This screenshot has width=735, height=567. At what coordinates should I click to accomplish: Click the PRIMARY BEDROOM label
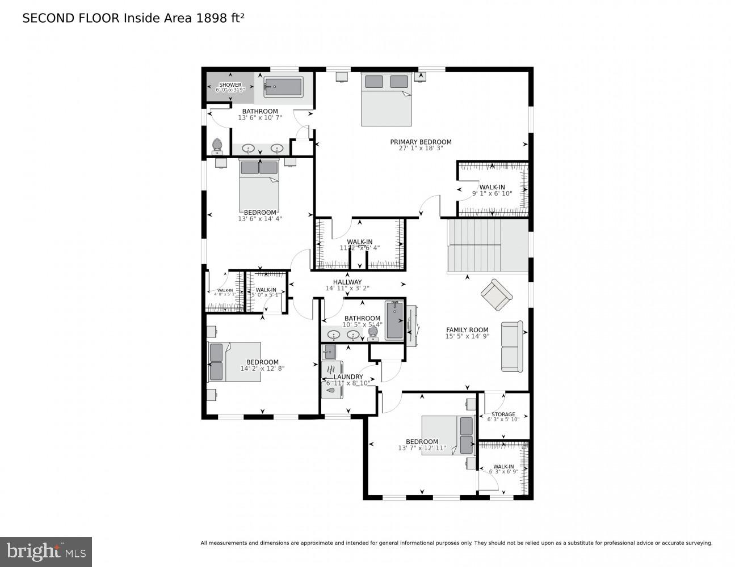click(421, 142)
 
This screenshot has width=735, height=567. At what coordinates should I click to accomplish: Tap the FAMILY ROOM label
click(467, 329)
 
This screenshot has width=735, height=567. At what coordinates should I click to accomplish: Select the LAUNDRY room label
click(348, 376)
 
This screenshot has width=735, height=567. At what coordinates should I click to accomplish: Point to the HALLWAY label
click(347, 282)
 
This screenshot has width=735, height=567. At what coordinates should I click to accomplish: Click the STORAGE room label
click(503, 414)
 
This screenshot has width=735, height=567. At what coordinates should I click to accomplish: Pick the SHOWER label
click(230, 85)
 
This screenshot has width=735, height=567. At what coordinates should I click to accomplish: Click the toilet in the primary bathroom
click(217, 146)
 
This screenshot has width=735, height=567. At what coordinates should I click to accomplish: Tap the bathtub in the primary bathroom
click(283, 87)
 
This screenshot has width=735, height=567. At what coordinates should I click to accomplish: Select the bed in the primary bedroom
click(387, 100)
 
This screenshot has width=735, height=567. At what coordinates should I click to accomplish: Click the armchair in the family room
click(497, 294)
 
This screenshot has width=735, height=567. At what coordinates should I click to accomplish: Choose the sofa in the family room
click(511, 346)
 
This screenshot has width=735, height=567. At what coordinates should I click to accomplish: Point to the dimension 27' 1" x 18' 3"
click(421, 149)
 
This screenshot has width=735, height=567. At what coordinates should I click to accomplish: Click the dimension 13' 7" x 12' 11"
click(422, 448)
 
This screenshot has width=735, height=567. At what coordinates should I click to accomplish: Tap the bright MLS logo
click(45, 552)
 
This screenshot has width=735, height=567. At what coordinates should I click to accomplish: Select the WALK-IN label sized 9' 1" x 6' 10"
click(492, 187)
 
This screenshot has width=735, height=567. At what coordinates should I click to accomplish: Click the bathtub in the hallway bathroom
click(394, 321)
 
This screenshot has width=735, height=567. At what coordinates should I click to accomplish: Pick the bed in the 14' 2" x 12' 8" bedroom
click(234, 362)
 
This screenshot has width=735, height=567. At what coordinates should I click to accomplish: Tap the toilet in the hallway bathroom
click(373, 332)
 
